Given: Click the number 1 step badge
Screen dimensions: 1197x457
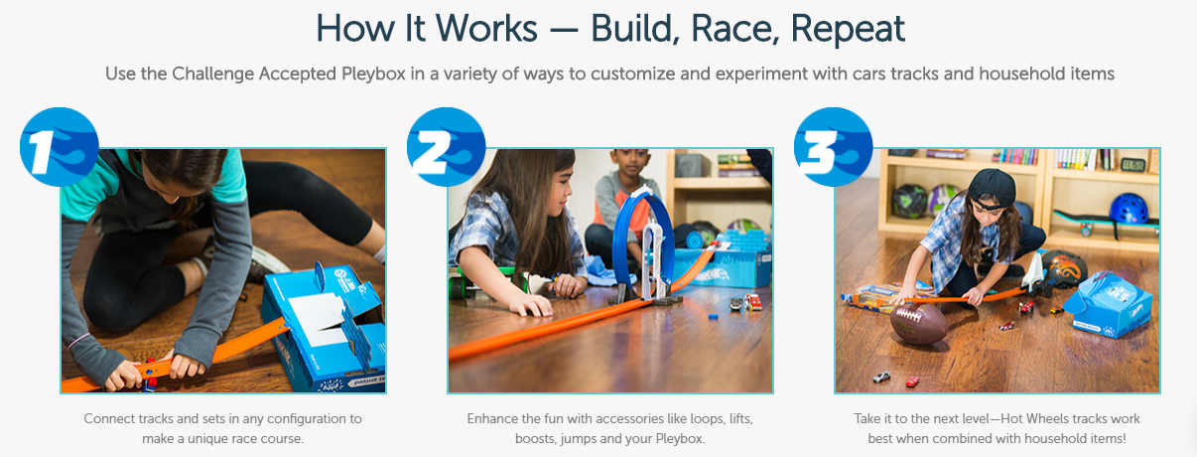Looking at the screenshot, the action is tap(60, 147).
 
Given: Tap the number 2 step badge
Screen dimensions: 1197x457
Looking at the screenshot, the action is tap(447, 147).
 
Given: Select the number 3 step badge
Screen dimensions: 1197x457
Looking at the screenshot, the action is tap(833, 147).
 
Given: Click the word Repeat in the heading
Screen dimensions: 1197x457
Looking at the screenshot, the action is tap(848, 29).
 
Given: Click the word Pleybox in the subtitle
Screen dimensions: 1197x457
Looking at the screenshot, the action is tap(373, 74).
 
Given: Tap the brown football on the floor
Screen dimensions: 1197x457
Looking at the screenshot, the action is tap(918, 323).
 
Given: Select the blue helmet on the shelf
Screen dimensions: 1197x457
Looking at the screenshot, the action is tap(1129, 209).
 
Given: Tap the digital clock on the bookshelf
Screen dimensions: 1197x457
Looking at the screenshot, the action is tap(1132, 165).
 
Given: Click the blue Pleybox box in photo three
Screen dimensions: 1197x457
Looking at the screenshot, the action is tap(1107, 304).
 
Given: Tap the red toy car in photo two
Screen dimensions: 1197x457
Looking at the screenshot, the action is tap(752, 302).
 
